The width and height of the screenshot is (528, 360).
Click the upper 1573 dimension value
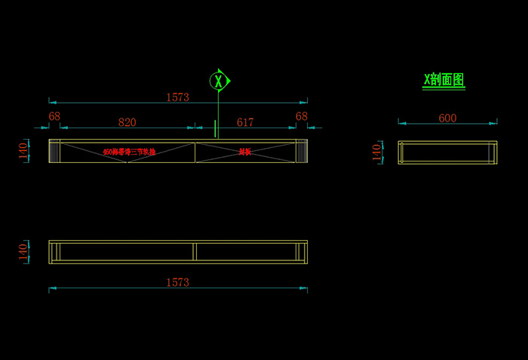click(178, 97)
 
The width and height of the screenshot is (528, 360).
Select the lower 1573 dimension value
click(178, 282)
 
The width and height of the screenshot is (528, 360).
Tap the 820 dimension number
click(127, 122)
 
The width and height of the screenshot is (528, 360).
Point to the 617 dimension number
click(245, 122)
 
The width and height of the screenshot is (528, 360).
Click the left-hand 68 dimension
click(54, 116)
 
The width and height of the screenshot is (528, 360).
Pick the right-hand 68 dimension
click(302, 116)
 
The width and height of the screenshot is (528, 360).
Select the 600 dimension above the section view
click(447, 118)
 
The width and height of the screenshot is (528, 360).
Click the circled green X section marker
click(219, 80)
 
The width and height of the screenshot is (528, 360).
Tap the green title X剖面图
click(444, 80)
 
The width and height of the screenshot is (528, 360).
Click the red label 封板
click(244, 152)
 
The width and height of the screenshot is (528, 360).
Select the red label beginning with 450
click(129, 152)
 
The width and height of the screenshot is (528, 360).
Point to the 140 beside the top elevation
click(23, 150)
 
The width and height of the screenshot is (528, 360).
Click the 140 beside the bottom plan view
click(23, 251)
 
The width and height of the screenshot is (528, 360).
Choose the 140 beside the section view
click(377, 152)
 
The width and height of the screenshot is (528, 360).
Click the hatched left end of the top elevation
click(54, 151)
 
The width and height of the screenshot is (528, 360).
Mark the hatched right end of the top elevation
click(302, 151)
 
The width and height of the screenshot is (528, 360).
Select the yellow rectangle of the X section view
click(448, 141)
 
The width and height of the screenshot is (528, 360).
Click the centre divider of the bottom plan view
click(194, 252)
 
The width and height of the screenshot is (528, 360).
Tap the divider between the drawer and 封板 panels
click(195, 151)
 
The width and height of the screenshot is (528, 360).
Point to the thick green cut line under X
click(215, 128)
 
